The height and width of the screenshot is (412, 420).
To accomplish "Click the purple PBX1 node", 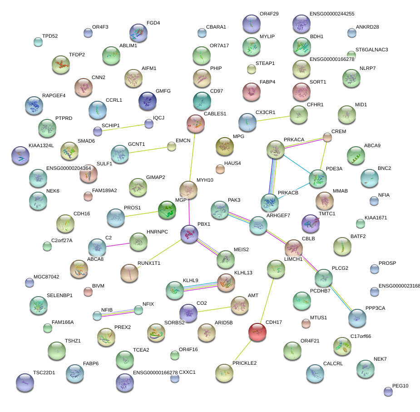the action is [189, 233].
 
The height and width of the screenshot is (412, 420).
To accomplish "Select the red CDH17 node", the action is [257, 332].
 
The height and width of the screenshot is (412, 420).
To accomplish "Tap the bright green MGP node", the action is [167, 210].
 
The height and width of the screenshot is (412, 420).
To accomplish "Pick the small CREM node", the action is [327, 137].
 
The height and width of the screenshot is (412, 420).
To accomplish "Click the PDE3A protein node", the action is [317, 179].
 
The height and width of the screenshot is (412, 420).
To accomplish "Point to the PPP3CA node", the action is [357, 318].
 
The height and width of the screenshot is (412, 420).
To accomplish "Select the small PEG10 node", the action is [388, 391].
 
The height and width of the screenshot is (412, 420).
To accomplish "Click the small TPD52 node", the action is [38, 42].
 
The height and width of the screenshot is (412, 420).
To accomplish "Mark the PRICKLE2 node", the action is [224, 372].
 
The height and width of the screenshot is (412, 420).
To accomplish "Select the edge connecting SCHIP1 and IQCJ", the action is [123, 128].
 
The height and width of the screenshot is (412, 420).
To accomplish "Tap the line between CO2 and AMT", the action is [213, 308].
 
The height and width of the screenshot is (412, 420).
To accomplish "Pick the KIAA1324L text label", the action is [41, 145].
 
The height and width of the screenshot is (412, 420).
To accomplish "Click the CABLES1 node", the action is [196, 123].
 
